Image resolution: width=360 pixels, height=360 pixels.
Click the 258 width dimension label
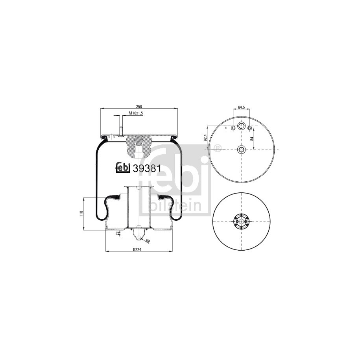(x=139, y=107)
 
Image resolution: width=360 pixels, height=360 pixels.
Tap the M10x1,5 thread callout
(x=136, y=113)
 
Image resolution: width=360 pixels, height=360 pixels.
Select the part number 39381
(x=147, y=169)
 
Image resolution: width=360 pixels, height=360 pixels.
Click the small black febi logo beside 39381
(x=123, y=167)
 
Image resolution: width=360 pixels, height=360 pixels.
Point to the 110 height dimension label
(x=81, y=214)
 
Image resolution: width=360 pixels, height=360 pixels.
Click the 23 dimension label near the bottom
(x=117, y=233)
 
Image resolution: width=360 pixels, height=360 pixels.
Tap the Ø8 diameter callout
(x=148, y=241)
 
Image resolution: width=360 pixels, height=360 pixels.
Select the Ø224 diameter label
(x=137, y=250)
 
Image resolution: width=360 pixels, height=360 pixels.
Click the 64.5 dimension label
(x=242, y=107)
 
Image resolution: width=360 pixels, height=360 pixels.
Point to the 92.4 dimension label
(x=205, y=138)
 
